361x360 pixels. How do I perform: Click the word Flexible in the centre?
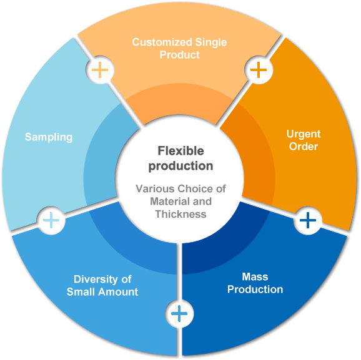(x=180, y=151)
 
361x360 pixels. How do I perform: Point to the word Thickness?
(x=180, y=214)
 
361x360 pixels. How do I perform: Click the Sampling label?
(x=49, y=137)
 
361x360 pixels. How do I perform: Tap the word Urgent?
(x=304, y=134)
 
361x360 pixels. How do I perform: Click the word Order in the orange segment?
(x=304, y=147)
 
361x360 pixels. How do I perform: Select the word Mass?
(x=255, y=277)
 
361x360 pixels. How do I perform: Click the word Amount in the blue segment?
(x=118, y=292)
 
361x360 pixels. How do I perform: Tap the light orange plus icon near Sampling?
(x=100, y=70)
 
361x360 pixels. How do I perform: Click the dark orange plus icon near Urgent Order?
(x=259, y=70)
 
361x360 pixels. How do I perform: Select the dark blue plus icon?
(x=308, y=220)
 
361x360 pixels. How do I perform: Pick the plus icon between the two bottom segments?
(x=179, y=314)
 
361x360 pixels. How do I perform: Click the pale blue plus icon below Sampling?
(x=51, y=220)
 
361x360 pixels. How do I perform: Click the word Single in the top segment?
(x=211, y=42)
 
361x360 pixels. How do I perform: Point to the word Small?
(x=81, y=292)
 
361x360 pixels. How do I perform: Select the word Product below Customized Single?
(x=180, y=55)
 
